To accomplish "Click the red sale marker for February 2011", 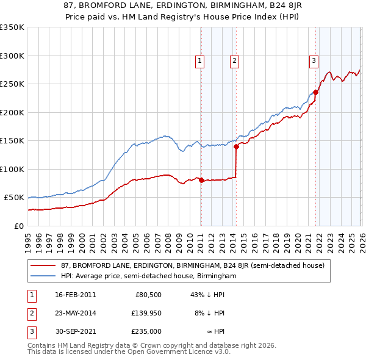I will pos(201,180).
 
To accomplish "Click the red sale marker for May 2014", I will pos(236,146).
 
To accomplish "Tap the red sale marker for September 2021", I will pos(315,93).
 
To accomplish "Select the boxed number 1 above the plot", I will pos(199,60).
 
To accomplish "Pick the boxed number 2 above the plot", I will pos(234,60).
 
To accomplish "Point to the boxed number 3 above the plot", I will pos(314,60).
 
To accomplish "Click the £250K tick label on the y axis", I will pos(12,84).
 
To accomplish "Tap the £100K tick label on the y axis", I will pos(12,170).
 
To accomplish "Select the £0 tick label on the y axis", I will pos(18,226).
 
